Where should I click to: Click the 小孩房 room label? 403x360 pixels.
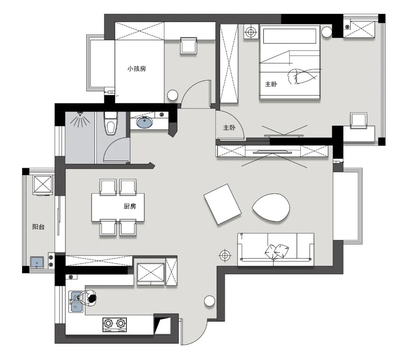137,69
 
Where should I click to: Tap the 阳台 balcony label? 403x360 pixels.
38,227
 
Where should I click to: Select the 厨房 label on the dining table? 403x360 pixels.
130,206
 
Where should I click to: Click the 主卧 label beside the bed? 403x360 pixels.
271,84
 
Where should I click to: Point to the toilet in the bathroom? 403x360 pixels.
111,123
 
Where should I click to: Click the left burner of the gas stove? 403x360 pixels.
108,323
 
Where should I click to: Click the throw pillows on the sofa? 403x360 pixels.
277,251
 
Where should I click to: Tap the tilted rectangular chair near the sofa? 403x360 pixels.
222,204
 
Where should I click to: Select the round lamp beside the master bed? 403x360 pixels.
327,32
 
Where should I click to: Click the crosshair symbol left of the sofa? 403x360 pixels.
225,255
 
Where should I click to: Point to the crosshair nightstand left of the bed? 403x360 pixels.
251,32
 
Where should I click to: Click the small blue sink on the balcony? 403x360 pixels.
37,262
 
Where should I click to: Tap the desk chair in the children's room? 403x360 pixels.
189,46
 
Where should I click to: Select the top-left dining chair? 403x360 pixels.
108,187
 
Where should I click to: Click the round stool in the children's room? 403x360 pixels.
172,95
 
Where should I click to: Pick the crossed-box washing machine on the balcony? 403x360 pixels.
43,185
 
